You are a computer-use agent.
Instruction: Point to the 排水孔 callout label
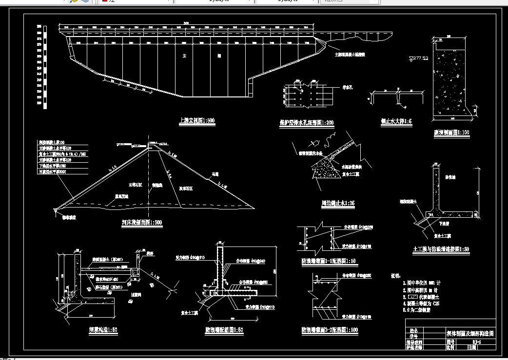click(348, 88)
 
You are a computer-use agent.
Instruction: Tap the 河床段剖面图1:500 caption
click(142, 223)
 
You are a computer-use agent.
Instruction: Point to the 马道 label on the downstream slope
click(214, 175)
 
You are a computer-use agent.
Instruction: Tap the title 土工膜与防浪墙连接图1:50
click(441, 249)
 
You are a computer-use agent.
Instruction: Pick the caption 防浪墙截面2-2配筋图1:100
click(330, 330)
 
